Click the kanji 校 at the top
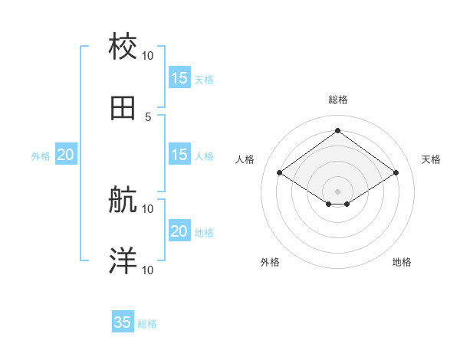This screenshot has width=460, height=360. click(123, 47)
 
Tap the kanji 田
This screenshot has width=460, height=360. click(123, 109)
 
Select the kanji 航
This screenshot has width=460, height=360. click(123, 201)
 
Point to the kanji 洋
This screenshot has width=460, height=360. click(123, 262)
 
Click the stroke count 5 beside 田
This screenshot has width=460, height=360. click(148, 116)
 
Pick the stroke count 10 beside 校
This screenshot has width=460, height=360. click(148, 55)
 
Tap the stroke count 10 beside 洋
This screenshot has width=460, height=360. click(148, 270)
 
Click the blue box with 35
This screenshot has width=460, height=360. click(123, 322)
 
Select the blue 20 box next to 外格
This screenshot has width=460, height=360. click(66, 155)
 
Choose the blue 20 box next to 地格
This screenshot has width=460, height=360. click(179, 231)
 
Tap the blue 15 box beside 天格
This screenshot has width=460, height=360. click(179, 78)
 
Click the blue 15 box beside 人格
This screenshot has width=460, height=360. click(179, 155)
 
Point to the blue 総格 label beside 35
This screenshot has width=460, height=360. click(147, 324)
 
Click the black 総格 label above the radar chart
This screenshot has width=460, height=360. click(337, 100)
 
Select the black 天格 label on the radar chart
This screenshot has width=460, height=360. click(431, 159)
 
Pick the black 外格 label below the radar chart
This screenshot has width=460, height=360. click(270, 262)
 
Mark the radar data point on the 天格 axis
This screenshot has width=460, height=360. click(396, 173)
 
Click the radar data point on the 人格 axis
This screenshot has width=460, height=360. click(280, 173)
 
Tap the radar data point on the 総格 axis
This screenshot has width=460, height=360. click(337, 130)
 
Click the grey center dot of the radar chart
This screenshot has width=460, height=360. click(337, 190)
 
